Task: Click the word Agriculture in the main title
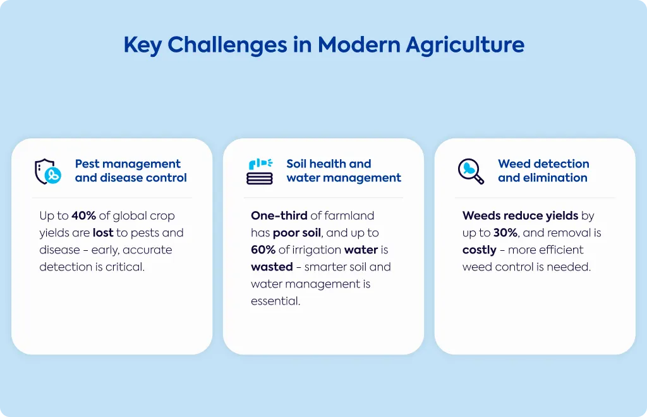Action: [465, 45]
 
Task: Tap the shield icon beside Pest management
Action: [48, 171]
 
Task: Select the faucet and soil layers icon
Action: [260, 171]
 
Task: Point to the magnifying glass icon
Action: [471, 171]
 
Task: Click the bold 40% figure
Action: [84, 215]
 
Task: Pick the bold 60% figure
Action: [263, 250]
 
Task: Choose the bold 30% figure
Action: [505, 233]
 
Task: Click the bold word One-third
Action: [279, 215]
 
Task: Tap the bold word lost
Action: [103, 233]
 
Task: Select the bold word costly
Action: [480, 250]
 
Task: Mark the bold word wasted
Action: [272, 267]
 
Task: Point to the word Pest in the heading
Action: [87, 164]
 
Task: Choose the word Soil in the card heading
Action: [296, 164]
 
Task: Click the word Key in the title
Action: [142, 45]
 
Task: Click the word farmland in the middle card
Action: [349, 215]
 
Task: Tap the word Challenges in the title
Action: [227, 45]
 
